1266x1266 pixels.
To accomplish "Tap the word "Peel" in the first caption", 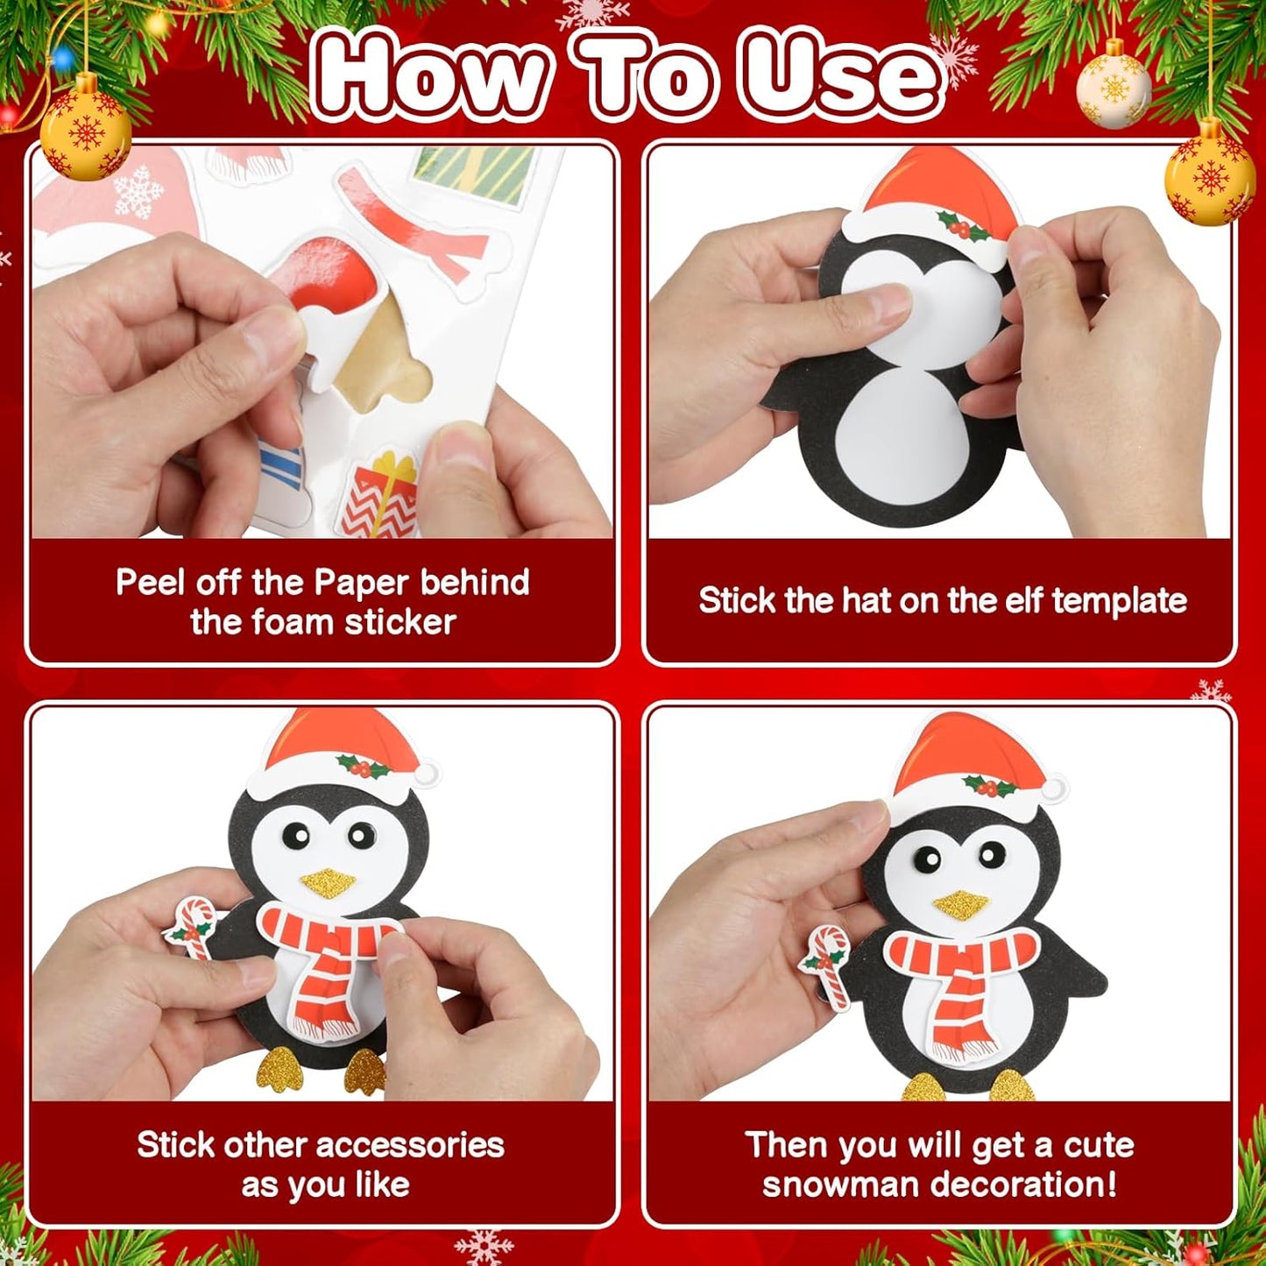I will click(x=149, y=583).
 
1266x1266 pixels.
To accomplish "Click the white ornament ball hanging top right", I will click(x=1114, y=90).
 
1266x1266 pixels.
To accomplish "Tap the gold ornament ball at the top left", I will click(x=85, y=136).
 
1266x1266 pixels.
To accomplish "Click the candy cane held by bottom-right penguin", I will click(x=828, y=964).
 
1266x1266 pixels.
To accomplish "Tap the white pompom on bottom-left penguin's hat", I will click(x=427, y=774).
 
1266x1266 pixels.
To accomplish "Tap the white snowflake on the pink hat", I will click(x=138, y=191).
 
